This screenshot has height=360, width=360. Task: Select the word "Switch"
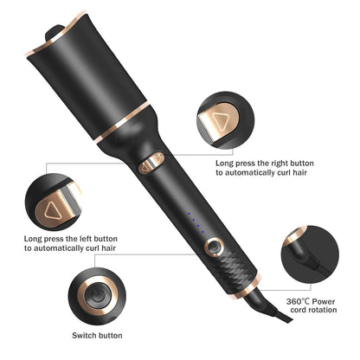(x=85, y=335)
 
